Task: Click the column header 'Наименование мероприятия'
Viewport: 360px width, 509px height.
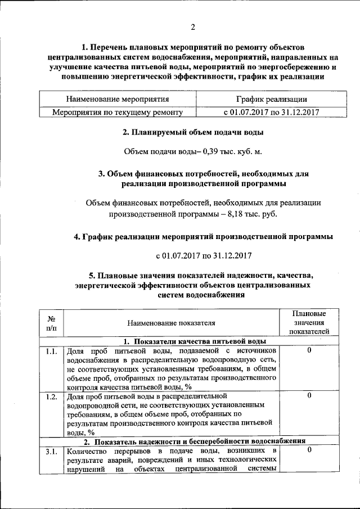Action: tap(118, 100)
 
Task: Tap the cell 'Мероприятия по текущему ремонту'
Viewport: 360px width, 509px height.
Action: tap(118, 112)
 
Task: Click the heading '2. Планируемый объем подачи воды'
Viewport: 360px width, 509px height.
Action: tap(193, 133)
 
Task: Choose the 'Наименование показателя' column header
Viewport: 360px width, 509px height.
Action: tap(171, 323)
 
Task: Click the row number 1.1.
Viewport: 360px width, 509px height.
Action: tap(51, 352)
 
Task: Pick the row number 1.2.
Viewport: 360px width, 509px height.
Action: tap(51, 397)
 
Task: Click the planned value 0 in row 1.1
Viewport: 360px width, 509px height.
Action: tap(309, 351)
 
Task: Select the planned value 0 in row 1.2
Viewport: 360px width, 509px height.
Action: tap(309, 396)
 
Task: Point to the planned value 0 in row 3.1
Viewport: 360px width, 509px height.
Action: tap(309, 451)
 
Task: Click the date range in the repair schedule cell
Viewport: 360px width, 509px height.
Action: tap(271, 112)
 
